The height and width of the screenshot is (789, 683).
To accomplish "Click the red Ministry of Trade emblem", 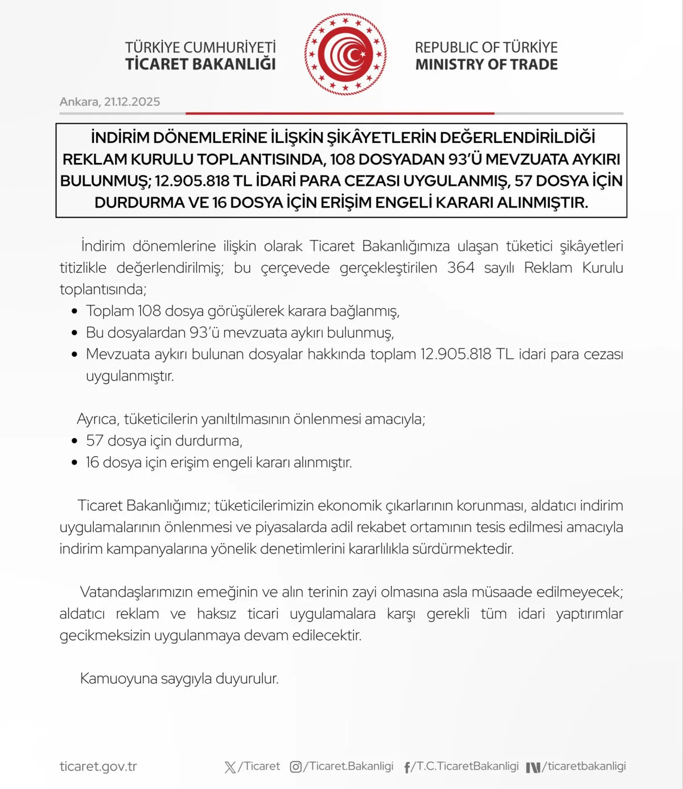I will (x=345, y=55).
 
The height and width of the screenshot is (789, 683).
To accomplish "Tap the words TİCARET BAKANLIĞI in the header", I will (x=200, y=64).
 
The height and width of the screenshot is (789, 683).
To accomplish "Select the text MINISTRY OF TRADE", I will (x=486, y=65).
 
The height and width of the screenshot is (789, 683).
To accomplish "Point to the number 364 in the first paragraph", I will (x=460, y=268).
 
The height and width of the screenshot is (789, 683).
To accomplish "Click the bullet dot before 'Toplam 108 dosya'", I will (x=75, y=312).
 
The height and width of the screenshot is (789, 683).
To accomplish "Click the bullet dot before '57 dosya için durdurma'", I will (x=75, y=441).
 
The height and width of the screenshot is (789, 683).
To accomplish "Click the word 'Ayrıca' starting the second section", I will (x=97, y=419).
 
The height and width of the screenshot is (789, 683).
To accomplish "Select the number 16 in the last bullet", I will (x=92, y=463).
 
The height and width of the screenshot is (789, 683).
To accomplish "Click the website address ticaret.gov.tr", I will (x=98, y=767).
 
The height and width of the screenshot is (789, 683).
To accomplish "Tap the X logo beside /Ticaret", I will (x=230, y=767).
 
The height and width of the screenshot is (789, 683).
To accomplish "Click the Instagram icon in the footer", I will (x=296, y=767).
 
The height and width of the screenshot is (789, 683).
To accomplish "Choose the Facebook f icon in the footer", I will (x=407, y=767).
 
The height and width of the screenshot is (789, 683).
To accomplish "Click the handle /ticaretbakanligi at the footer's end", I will (x=584, y=766).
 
